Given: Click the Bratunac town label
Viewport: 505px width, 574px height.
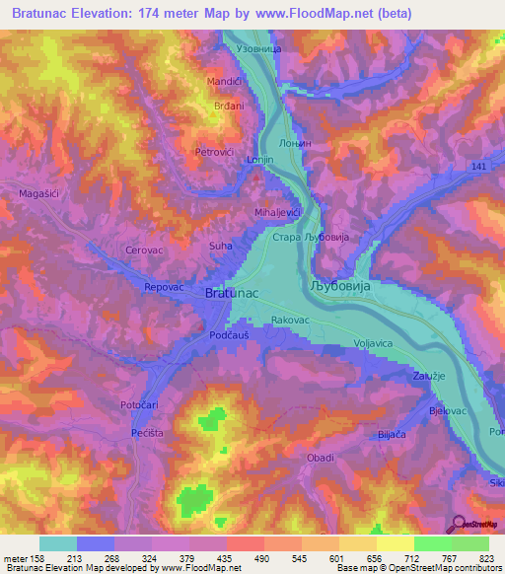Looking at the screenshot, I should [x=232, y=294].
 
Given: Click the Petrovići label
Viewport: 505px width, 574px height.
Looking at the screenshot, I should [x=214, y=152].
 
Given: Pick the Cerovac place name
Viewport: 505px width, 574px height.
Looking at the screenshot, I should [x=144, y=251].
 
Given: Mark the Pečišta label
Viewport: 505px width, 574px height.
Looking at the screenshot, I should [x=145, y=433].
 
